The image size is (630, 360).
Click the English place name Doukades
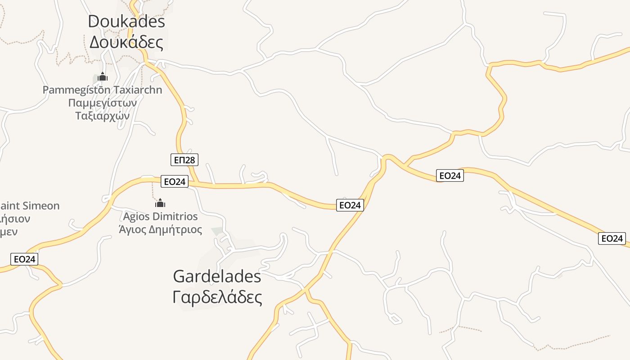[126, 21]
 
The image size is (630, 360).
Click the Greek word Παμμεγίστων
[103, 103]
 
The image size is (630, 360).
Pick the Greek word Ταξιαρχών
[103, 116]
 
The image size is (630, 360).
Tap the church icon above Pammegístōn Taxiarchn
[103, 77]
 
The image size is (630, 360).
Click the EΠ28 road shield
[184, 159]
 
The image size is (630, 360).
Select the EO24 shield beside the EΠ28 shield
[175, 182]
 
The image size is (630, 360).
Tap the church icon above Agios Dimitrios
[160, 203]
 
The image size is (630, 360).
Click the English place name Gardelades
[217, 276]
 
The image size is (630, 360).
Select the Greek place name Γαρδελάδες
[217, 297]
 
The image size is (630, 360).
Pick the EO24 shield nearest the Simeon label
[24, 259]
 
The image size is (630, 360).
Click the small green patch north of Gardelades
[217, 231]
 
